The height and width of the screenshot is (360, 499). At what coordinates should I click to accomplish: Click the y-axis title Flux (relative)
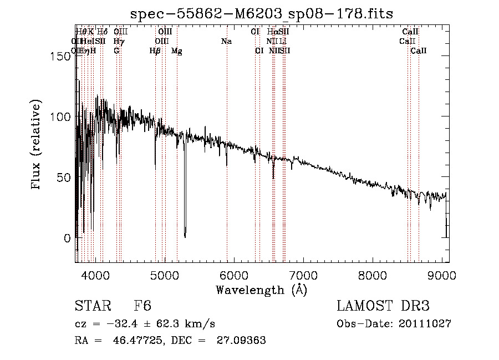[37, 146]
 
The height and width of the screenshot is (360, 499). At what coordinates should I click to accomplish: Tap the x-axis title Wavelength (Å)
[261, 290]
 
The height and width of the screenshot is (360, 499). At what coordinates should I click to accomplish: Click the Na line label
[226, 42]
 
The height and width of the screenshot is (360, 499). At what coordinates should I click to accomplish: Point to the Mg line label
[177, 51]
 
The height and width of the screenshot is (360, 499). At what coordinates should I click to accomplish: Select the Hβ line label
[155, 51]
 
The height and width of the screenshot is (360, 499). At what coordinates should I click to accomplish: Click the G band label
[116, 51]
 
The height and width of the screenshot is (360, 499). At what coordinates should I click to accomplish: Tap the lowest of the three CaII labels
[419, 51]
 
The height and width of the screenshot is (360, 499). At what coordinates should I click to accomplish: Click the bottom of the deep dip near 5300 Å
[185, 235]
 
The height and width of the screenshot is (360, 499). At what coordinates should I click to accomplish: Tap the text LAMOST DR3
[383, 307]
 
